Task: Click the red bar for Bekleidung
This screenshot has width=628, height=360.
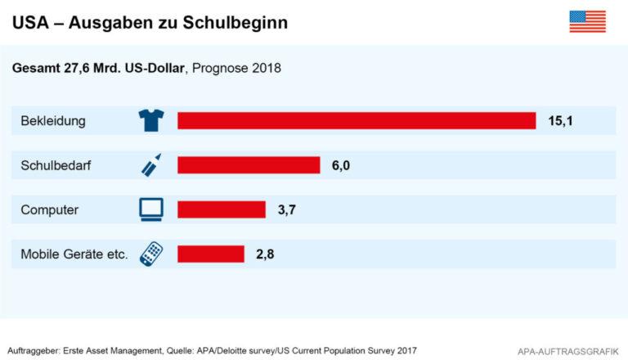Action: coord(357,121)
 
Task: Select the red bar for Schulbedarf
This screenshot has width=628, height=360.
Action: coord(249,165)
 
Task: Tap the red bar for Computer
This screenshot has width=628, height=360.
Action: coord(222,209)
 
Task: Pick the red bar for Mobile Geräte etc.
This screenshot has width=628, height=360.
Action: coord(211,254)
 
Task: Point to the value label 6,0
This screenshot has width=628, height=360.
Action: coord(340,165)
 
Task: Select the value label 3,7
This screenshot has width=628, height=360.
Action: coord(286,209)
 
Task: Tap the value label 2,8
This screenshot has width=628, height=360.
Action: coord(264,254)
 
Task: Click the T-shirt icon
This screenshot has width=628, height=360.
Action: coord(151,121)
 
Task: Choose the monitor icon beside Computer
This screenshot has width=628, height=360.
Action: coord(151,209)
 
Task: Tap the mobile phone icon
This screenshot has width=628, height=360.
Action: coord(151,254)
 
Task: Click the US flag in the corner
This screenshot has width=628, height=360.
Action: coord(587,22)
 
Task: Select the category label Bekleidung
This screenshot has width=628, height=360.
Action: coord(54,121)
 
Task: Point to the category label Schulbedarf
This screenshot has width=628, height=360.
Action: coord(56,165)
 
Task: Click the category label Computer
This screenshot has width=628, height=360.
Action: coord(50,209)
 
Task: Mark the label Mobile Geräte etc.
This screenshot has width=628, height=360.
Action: coord(74,254)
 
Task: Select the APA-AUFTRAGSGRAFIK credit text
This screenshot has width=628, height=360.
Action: coord(565,350)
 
